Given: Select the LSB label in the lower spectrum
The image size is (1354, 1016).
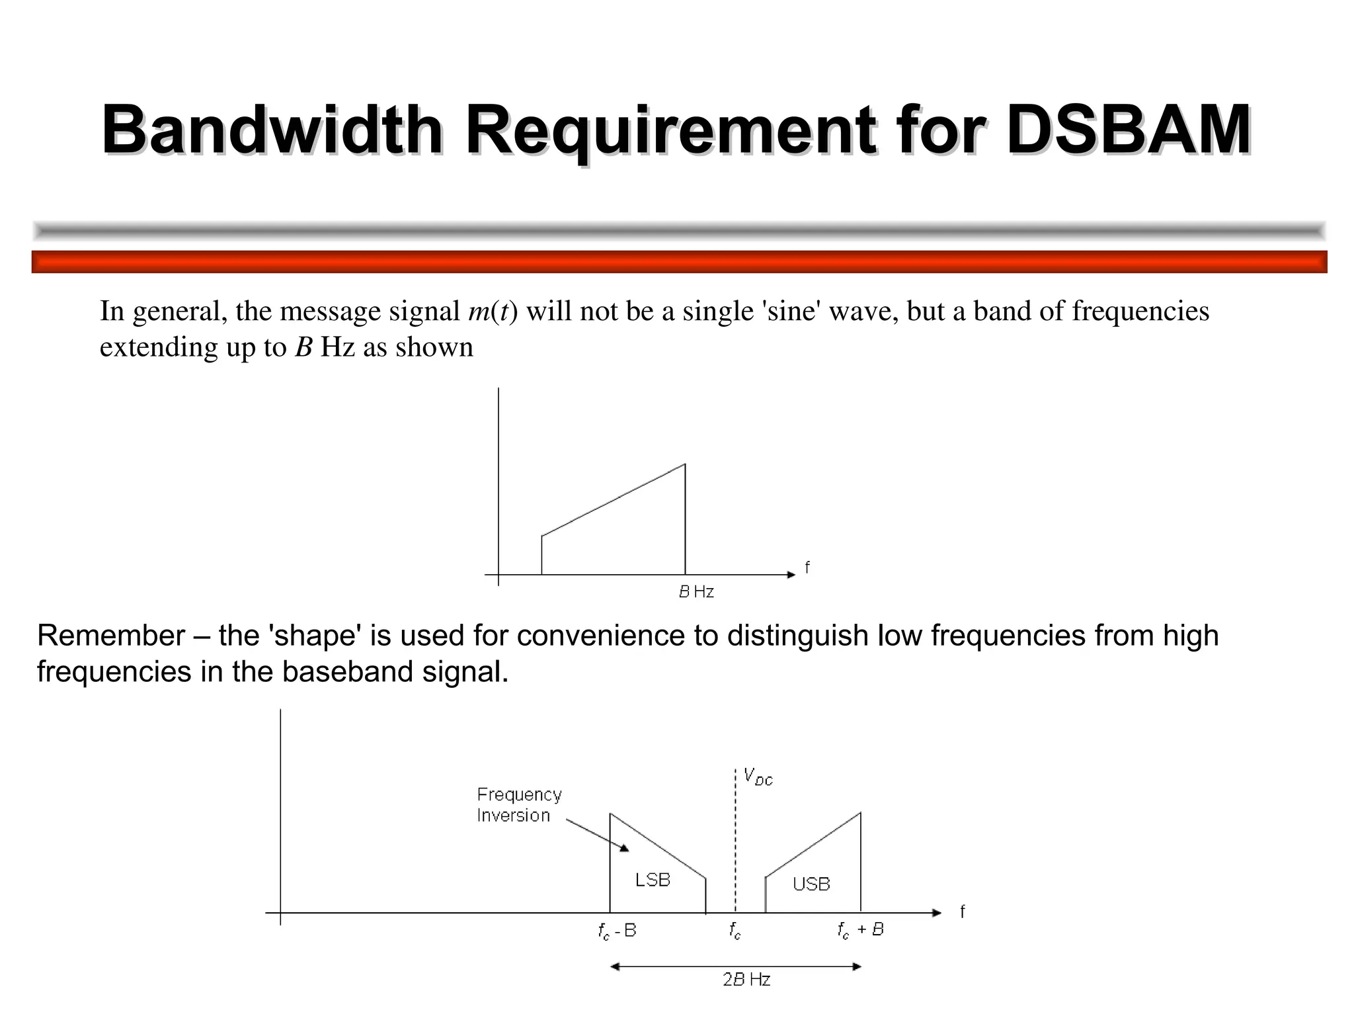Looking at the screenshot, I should (x=653, y=880).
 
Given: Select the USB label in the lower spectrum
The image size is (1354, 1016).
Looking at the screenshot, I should (x=811, y=884).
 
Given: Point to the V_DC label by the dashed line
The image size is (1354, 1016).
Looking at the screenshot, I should (x=758, y=777).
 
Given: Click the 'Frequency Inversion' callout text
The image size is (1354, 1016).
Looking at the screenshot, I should (x=519, y=804).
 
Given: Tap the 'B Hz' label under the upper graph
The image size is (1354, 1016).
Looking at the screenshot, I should (x=696, y=592).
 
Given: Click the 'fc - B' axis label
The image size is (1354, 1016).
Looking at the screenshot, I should (x=617, y=931).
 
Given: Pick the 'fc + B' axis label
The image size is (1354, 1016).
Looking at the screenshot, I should (x=860, y=930).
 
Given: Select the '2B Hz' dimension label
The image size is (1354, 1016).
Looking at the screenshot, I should (x=746, y=980).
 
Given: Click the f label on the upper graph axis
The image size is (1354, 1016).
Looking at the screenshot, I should (x=807, y=568).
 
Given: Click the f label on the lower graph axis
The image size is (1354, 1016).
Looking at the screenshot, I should (x=963, y=912).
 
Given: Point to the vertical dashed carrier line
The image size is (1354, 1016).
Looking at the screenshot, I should (x=735, y=840).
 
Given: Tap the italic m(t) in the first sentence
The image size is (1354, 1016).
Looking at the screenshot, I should (x=493, y=312).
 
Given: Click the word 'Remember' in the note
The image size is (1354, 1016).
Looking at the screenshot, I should (x=111, y=636).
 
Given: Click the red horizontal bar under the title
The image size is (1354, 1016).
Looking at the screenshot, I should (x=679, y=262).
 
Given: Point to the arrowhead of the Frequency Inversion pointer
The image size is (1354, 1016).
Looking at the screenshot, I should (x=624, y=849).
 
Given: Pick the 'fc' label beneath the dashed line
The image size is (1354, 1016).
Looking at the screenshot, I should (x=735, y=931).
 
